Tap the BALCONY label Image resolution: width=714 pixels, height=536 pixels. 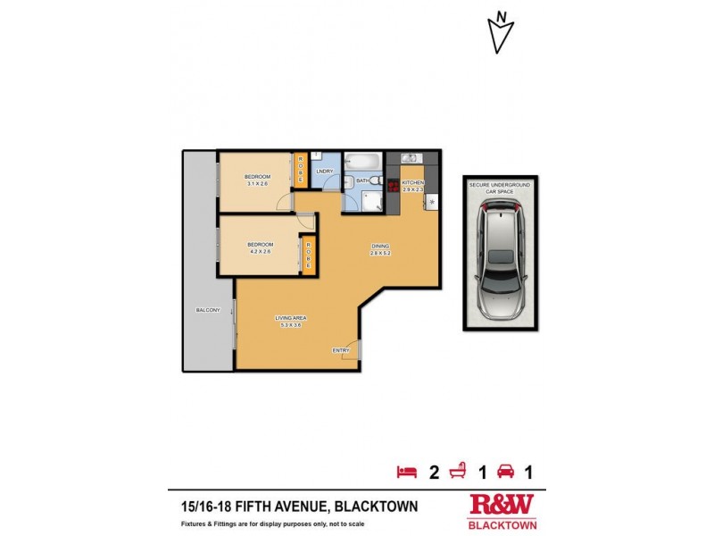(208, 310)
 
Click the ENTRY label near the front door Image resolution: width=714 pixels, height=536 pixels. (340, 350)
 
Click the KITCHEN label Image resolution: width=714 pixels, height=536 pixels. (412, 182)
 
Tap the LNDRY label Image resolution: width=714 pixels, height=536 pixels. (324, 171)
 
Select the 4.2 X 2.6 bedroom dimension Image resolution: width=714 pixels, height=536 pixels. (260, 252)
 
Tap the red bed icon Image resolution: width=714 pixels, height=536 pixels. (406, 471)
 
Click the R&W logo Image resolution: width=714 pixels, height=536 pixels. (502, 506)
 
